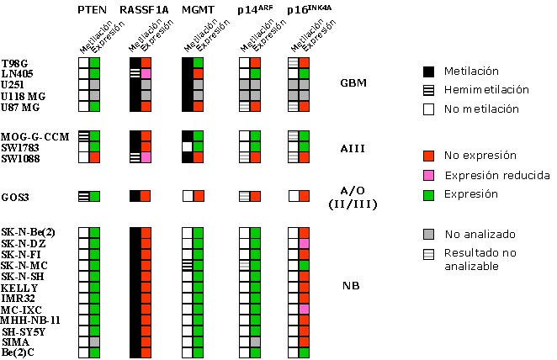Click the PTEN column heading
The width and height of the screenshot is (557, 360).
[92, 9]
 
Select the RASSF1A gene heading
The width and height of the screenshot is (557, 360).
[144, 9]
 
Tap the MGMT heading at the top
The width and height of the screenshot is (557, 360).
[198, 9]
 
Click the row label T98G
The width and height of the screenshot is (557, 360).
[14, 64]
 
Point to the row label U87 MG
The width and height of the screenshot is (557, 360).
[20, 107]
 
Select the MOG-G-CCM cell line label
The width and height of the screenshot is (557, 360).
[34, 137]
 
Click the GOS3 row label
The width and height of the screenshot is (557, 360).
[15, 197]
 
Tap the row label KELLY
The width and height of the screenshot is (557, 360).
[19, 288]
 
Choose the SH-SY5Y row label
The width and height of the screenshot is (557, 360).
[24, 331]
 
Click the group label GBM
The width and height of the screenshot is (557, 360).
[353, 82]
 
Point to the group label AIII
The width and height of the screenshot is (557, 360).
[353, 148]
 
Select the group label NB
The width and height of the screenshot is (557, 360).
[351, 285]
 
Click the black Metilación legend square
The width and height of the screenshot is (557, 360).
[429, 71]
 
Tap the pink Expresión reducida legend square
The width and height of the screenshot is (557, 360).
[429, 175]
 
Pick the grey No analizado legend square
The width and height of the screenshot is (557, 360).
[429, 234]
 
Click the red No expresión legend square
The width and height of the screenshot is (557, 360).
[429, 156]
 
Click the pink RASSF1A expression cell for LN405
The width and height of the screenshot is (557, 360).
[146, 74]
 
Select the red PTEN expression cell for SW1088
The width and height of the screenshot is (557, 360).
[94, 157]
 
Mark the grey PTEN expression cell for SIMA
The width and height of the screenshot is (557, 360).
[94, 341]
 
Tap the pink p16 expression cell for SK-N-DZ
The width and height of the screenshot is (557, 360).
[304, 244]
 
